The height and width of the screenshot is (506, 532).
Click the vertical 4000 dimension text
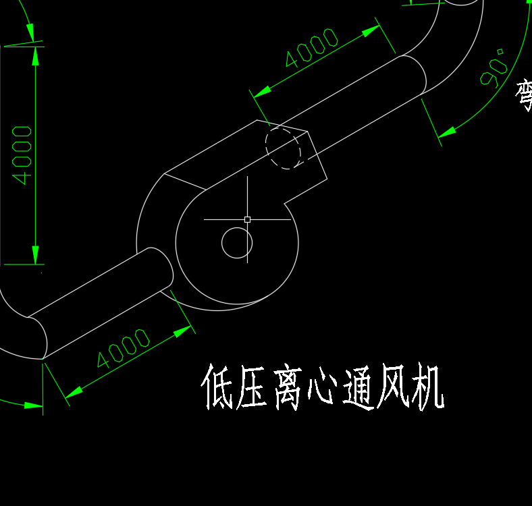pyautogui.click(x=22, y=154)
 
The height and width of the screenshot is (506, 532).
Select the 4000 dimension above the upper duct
pyautogui.click(x=311, y=48)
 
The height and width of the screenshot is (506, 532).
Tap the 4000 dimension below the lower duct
pyautogui.click(x=123, y=349)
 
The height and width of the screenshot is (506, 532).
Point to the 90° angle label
pyautogui.click(x=494, y=68)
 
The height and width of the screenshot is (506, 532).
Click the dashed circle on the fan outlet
pyautogui.click(x=283, y=148)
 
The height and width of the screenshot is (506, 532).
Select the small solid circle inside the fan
pyautogui.click(x=237, y=243)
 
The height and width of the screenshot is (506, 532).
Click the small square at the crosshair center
pyautogui.click(x=247, y=219)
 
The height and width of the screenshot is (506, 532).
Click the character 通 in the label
pyautogui.click(x=358, y=389)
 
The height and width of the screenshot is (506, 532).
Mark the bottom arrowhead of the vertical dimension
pyautogui.click(x=35, y=255)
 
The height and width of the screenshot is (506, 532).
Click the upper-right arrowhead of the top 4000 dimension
pyautogui.click(x=371, y=30)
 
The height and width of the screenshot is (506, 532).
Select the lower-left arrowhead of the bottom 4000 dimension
pyautogui.click(x=74, y=392)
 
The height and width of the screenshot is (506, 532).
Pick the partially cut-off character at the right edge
pyautogui.click(x=525, y=94)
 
